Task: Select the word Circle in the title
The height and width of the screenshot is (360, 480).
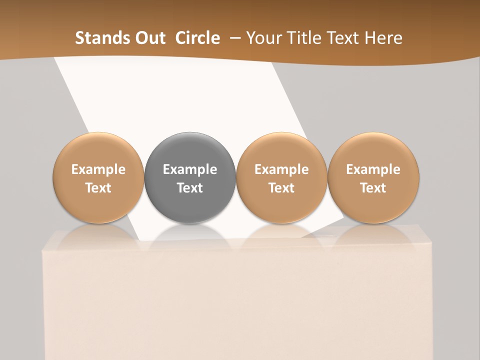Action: [197, 38]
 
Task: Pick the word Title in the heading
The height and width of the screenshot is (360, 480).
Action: [304, 38]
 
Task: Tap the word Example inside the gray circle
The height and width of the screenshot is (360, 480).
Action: [190, 169]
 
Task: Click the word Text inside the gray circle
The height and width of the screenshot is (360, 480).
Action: [190, 188]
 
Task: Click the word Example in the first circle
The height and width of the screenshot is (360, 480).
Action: [98, 169]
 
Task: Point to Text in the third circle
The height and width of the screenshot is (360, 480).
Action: [281, 188]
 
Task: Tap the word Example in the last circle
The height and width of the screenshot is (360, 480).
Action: [373, 169]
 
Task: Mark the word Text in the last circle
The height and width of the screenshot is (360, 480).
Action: [373, 188]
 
